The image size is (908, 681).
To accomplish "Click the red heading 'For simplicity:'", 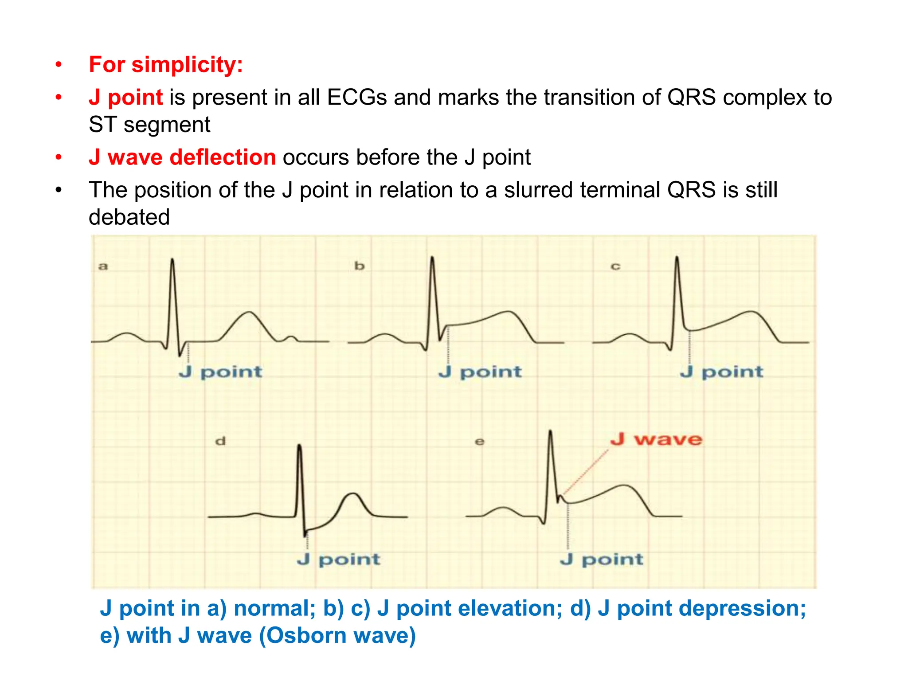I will click(166, 65).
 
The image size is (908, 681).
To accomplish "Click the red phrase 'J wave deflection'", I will click(182, 157).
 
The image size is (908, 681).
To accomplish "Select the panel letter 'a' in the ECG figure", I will click(103, 266).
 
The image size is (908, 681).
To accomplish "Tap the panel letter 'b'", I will click(359, 266).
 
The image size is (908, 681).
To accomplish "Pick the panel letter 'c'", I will click(615, 266).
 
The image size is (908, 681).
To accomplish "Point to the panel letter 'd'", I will click(220, 441).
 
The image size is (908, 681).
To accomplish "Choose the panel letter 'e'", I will click(479, 442).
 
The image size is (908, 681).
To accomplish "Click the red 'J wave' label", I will click(656, 439).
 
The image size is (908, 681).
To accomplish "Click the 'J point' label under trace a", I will click(220, 372).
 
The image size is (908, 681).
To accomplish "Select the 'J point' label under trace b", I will click(480, 372).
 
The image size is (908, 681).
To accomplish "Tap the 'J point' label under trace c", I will click(721, 372).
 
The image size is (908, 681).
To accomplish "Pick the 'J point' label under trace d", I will click(339, 559).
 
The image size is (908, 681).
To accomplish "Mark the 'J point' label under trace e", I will click(601, 559).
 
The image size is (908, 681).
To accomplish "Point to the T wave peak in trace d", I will click(353, 493).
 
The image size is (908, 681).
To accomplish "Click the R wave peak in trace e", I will click(550, 431).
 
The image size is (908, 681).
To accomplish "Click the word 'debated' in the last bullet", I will click(129, 217).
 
